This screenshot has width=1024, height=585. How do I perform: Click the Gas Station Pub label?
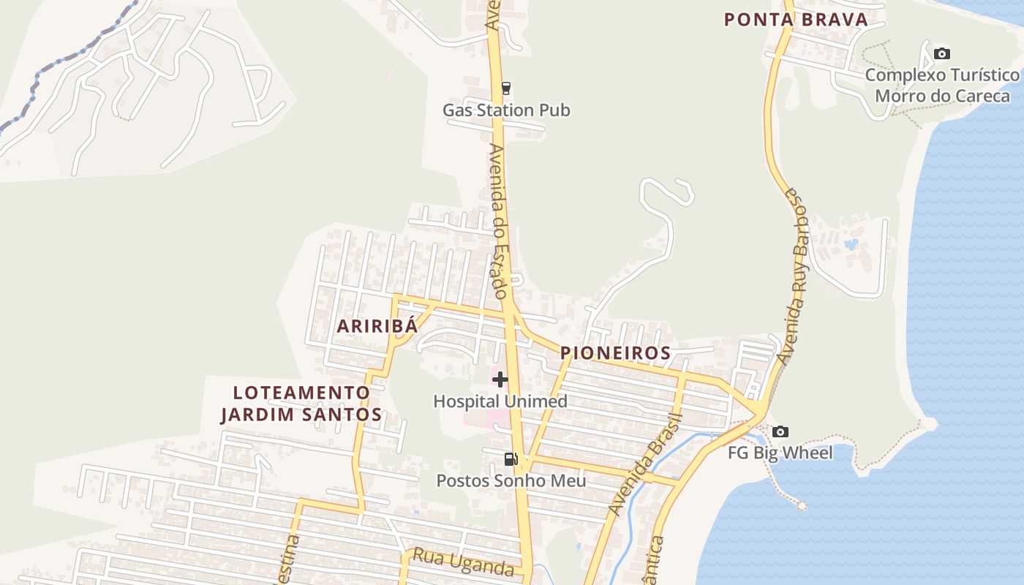click(x=506, y=110)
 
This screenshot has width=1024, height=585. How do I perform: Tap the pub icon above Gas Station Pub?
click(x=505, y=88)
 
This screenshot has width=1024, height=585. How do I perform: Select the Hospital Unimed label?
click(x=500, y=401)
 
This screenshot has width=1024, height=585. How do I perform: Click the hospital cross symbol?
click(x=500, y=380)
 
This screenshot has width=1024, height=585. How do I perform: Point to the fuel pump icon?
click(x=511, y=459)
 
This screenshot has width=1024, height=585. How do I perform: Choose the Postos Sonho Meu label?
click(x=511, y=480)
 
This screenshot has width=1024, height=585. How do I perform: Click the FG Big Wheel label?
click(x=780, y=453)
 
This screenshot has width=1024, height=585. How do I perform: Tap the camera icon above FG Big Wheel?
click(x=780, y=431)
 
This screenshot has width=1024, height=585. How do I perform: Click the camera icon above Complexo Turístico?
click(x=942, y=53)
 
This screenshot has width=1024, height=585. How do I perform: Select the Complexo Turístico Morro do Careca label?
click(x=942, y=86)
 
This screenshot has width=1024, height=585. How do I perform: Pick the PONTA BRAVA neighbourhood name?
click(x=796, y=20)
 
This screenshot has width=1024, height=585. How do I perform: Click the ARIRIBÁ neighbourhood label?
click(x=377, y=326)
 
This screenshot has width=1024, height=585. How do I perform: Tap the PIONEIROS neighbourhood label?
click(x=615, y=353)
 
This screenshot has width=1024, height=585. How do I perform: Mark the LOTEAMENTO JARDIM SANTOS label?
click(x=301, y=404)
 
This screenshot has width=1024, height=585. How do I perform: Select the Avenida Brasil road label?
click(x=647, y=464)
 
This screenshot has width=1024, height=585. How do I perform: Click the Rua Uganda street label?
click(x=463, y=562)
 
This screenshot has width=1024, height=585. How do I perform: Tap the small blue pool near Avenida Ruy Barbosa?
click(x=851, y=244)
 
